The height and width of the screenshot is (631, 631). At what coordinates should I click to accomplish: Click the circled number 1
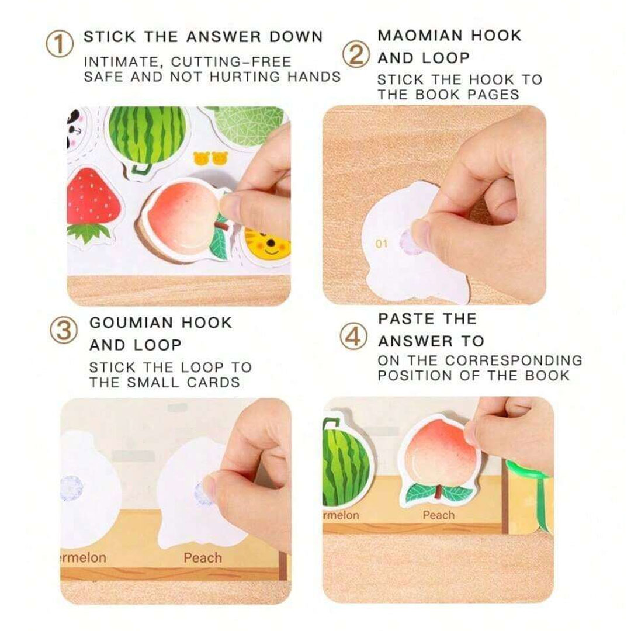coord(60,44)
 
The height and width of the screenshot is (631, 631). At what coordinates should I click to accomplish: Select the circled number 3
coord(64,330)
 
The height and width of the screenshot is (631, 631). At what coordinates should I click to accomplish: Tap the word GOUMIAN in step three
coord(131,323)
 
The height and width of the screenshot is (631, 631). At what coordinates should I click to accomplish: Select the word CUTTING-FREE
coord(231,62)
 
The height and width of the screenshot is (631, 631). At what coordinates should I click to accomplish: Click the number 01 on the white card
coord(382,244)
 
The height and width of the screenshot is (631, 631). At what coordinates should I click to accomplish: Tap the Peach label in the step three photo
coord(203,558)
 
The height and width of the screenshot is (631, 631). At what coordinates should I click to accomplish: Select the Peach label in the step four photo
coord(439,515)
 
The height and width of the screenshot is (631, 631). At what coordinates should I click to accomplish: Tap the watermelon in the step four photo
coord(346,463)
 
